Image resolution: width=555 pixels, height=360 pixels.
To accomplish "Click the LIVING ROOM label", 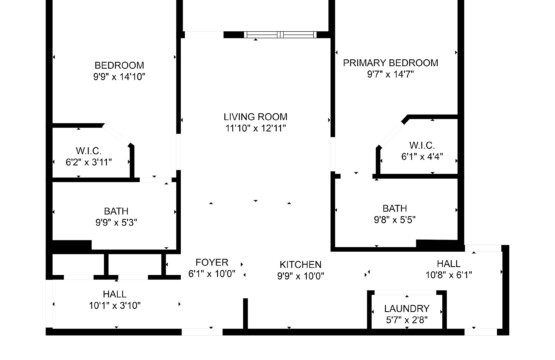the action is pos(255,117).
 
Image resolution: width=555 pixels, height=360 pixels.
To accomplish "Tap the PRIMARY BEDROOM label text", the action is pos(390,63).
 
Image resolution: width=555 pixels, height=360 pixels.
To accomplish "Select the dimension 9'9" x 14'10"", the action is pos(119,77).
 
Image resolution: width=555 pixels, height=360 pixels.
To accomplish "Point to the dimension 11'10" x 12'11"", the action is pos(255,128).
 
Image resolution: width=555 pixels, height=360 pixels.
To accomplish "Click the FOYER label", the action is pos(212,262).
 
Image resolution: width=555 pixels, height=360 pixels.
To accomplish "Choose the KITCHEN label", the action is pos(301,264).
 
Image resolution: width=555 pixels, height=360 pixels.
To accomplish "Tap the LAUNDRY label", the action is pos(407,308).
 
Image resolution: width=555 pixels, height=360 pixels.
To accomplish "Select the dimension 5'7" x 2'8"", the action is pos(407,320).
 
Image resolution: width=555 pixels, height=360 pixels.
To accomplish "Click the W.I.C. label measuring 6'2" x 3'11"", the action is pos(88,151).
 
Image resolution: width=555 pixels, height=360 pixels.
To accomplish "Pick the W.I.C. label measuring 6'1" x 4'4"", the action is pos(422,145).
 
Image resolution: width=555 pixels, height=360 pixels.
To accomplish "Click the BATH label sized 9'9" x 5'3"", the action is pos(116,211).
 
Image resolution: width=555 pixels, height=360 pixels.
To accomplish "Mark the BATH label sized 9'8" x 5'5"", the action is pos(395,208).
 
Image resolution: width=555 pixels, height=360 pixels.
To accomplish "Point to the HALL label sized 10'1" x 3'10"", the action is pos(114,294).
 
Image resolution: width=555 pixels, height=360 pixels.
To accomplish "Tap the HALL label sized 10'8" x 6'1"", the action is pos(448,264).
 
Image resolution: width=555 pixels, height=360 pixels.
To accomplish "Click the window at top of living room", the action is pos(280,35).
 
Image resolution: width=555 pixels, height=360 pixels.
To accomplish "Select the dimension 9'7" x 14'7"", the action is pos(390,74).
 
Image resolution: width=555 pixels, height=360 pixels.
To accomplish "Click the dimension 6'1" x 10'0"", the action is pos(212,274).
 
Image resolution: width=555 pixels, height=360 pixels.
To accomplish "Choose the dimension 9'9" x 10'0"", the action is pos(301,276).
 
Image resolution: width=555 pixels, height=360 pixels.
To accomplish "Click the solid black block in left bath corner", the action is pos(72,246).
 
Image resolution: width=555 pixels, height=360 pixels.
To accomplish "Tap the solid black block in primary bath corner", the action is pos(440,245).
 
